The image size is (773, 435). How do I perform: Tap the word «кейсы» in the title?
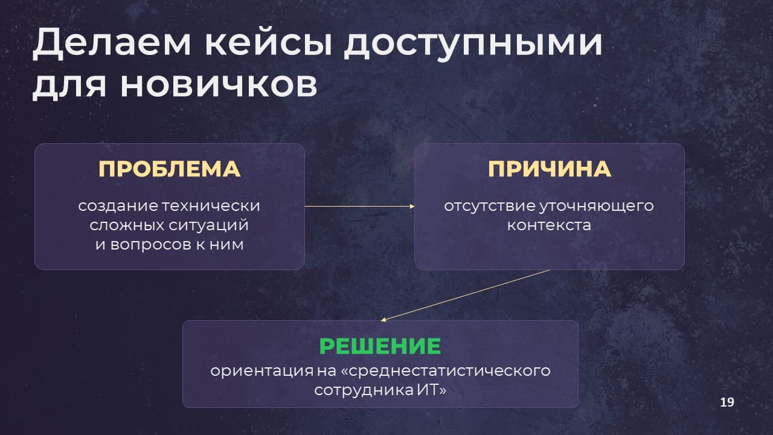[268, 42]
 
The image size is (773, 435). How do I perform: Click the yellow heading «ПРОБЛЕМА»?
[170, 169]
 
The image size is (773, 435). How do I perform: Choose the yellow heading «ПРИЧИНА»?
[550, 169]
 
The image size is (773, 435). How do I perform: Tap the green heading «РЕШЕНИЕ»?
[380, 346]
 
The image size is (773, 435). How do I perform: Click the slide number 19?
[727, 402]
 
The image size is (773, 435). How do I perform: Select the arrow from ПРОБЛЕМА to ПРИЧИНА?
[359, 207]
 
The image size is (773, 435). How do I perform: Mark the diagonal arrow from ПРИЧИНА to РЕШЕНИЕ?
[465, 295]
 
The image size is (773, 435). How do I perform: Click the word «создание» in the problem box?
[118, 207]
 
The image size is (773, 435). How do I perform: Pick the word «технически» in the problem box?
[211, 206]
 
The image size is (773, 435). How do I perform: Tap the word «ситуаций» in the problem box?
[208, 226]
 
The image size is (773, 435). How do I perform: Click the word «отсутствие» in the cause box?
[489, 207]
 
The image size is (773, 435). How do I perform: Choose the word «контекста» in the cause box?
[549, 226]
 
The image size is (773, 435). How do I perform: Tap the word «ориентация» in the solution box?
[262, 372]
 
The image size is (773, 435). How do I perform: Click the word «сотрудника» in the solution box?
[364, 391]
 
